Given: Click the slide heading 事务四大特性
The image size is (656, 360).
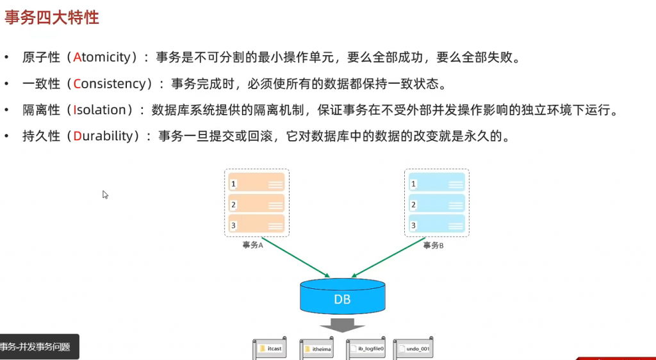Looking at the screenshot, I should coord(52,17).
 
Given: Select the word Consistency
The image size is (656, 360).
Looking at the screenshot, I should coord(111,83).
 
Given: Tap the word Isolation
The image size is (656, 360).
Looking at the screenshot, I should coord(100,110).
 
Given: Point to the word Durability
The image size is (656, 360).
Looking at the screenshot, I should coord(103,136).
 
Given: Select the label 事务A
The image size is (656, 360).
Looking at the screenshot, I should coord(254,245).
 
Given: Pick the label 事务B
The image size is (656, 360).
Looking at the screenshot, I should coord(434,245).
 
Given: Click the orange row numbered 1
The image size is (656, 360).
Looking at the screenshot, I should coord(256,183).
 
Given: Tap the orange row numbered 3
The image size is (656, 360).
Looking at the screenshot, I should coord(256,225).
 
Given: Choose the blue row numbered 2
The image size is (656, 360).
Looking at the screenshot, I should coord(437,204).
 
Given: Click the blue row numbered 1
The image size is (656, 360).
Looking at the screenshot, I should coord(437,183).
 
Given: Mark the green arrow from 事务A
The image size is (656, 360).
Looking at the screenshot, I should coord(297,261).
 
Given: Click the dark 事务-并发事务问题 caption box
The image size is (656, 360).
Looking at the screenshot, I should coord(38,347).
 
